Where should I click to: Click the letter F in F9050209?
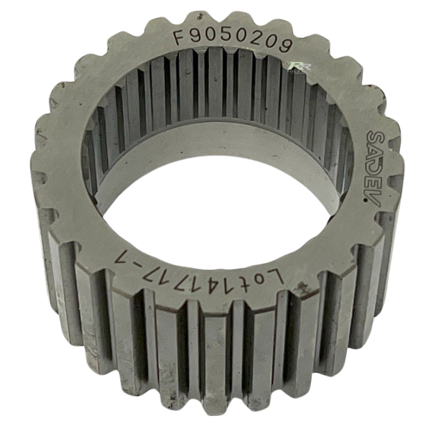179,37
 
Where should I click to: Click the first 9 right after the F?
194,37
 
